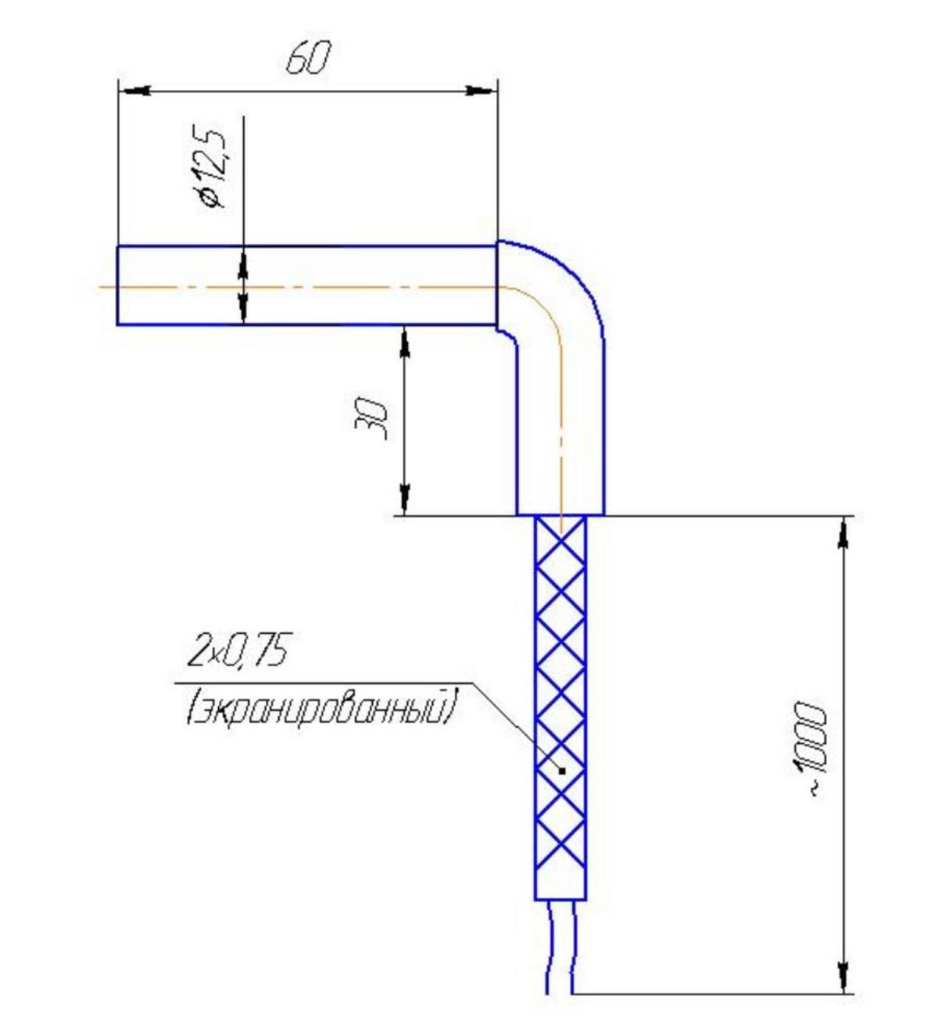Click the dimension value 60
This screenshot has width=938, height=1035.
point(307,59)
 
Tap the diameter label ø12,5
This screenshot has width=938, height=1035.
point(213,168)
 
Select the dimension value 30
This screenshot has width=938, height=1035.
point(371,418)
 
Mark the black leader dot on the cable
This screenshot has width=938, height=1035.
point(562,786)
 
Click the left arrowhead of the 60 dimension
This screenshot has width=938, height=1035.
point(134,91)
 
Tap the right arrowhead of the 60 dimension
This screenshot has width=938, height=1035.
point(481,91)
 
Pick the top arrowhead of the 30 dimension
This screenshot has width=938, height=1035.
point(405,342)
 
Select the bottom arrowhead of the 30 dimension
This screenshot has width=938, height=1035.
point(405,499)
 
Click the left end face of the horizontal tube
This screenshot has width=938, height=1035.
point(117,285)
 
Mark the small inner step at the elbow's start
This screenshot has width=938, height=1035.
point(507,332)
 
